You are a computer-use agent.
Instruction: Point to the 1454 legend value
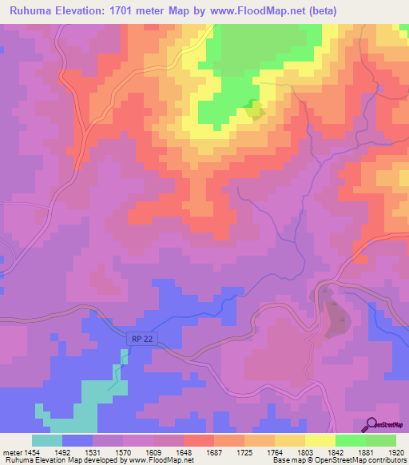coord(32,452)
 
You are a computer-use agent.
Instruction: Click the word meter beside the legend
coord(11,452)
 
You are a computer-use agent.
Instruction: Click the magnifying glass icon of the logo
coord(372,424)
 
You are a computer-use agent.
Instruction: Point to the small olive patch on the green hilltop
coord(254,109)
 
